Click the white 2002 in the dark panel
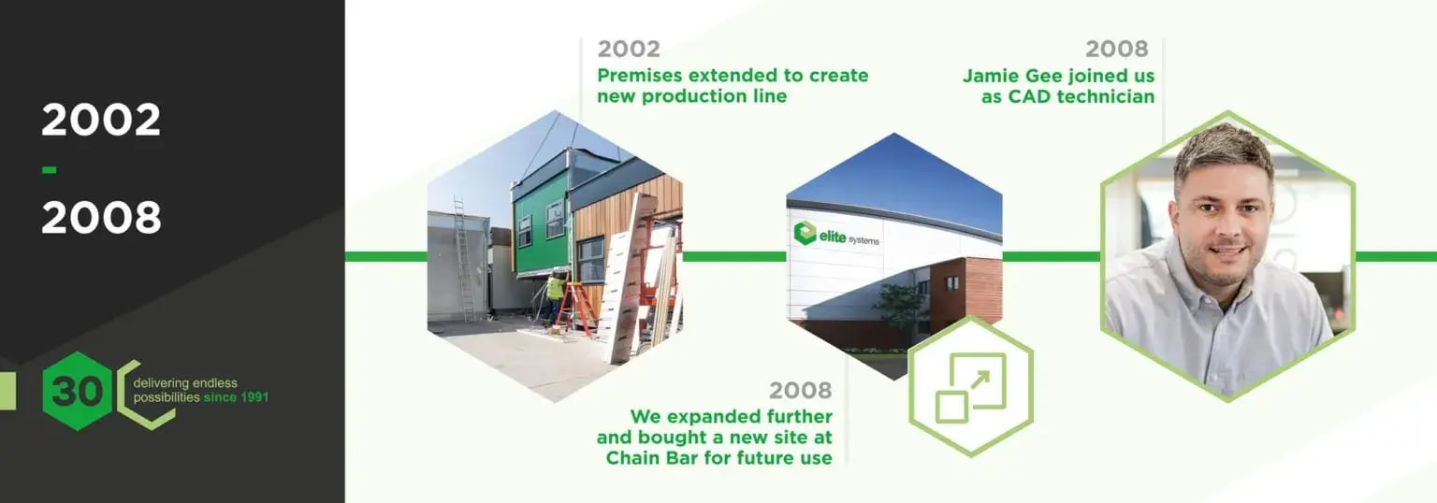[101, 120]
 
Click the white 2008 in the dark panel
[101, 217]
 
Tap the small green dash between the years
[50, 170]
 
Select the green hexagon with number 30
[77, 391]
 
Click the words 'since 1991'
[236, 398]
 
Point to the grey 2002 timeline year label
[629, 49]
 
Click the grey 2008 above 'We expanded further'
[800, 390]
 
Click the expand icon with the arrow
[970, 387]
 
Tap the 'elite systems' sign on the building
[835, 235]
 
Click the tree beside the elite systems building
[902, 308]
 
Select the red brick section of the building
[966, 292]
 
